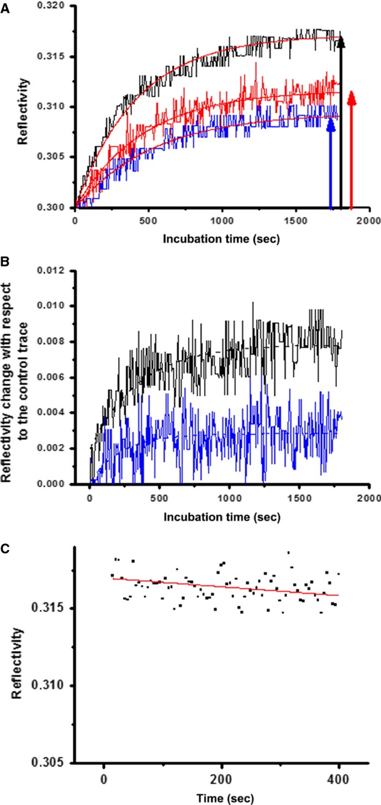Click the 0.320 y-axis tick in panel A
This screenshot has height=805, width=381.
[x=53, y=7]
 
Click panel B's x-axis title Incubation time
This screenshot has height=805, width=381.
[x=222, y=516]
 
